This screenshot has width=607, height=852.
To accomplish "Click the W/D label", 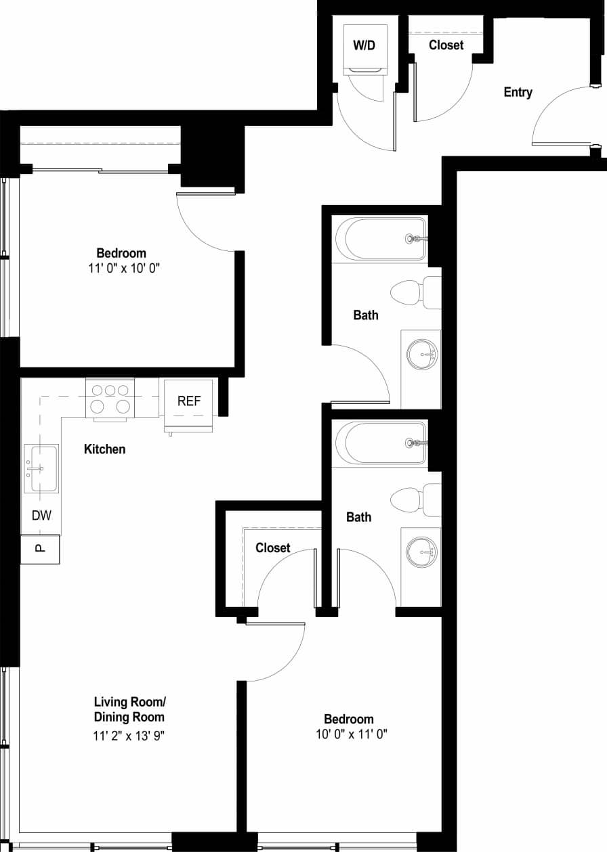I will [364, 45].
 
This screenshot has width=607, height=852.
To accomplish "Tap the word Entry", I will [518, 92].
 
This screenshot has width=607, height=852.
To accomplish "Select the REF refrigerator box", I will [189, 401].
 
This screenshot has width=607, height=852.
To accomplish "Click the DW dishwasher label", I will [41, 515].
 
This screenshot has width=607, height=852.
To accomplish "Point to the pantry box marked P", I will [40, 549].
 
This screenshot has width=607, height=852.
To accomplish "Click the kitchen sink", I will [41, 468].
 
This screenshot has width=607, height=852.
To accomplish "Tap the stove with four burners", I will [110, 399].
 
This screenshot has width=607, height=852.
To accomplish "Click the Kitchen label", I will [104, 449].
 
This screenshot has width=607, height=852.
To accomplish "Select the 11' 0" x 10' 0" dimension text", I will [121, 268].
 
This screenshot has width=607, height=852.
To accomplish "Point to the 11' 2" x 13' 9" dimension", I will [129, 736].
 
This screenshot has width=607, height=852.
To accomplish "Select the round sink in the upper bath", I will [422, 354].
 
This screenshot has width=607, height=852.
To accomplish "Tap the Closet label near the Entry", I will [446, 45].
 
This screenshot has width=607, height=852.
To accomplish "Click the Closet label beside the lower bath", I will [272, 547].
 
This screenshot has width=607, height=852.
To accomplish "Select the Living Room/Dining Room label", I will [129, 709].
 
